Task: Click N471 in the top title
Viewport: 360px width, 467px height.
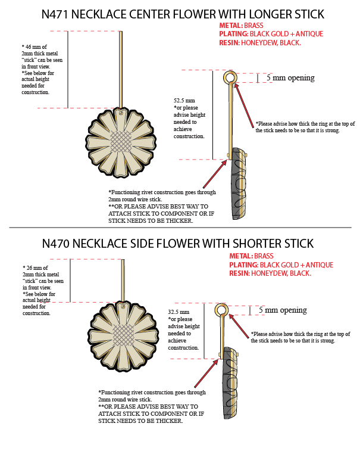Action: (x=60, y=14)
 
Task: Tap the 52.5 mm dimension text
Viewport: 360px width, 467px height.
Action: (x=184, y=101)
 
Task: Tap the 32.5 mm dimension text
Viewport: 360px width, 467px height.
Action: (x=179, y=312)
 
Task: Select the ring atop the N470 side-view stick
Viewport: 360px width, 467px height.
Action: (x=221, y=310)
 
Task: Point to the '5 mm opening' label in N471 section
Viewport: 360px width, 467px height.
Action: (x=290, y=78)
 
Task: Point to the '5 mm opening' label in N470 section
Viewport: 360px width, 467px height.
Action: (x=283, y=310)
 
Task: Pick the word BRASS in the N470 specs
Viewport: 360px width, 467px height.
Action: (x=264, y=256)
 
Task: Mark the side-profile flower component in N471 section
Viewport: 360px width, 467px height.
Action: (x=238, y=183)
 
